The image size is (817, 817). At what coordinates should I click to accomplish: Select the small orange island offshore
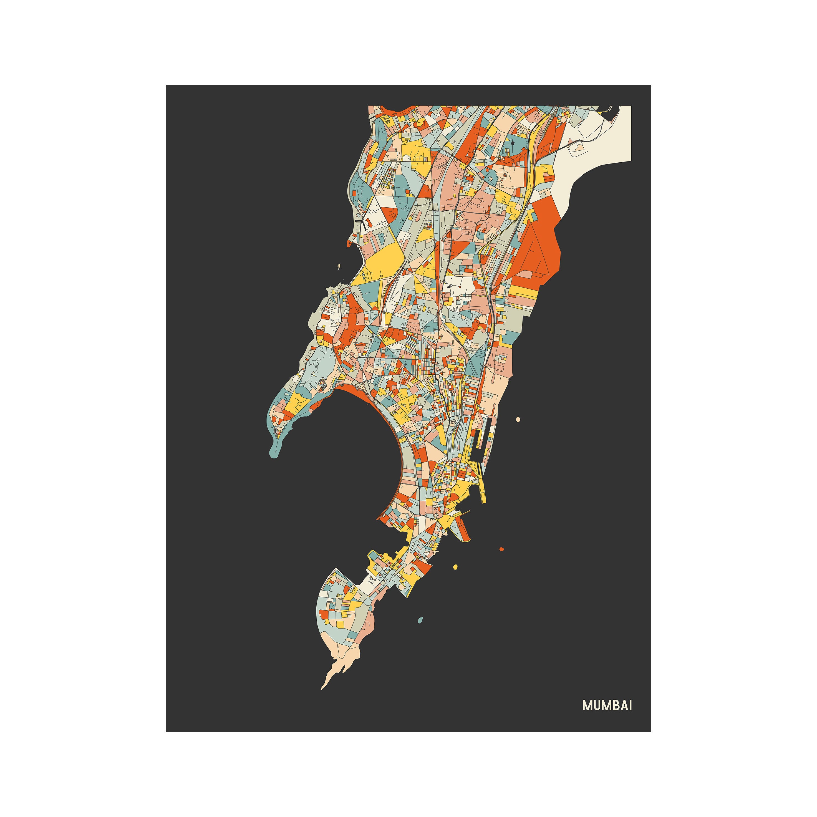pyautogui.click(x=501, y=549)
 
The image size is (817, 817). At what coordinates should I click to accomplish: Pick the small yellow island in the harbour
pyautogui.click(x=455, y=567)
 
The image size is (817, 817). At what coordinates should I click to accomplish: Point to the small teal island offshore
pyautogui.click(x=420, y=620)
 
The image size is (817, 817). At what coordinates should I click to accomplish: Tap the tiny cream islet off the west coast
pyautogui.click(x=339, y=266)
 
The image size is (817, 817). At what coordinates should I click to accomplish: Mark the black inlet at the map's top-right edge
pyautogui.click(x=611, y=111)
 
